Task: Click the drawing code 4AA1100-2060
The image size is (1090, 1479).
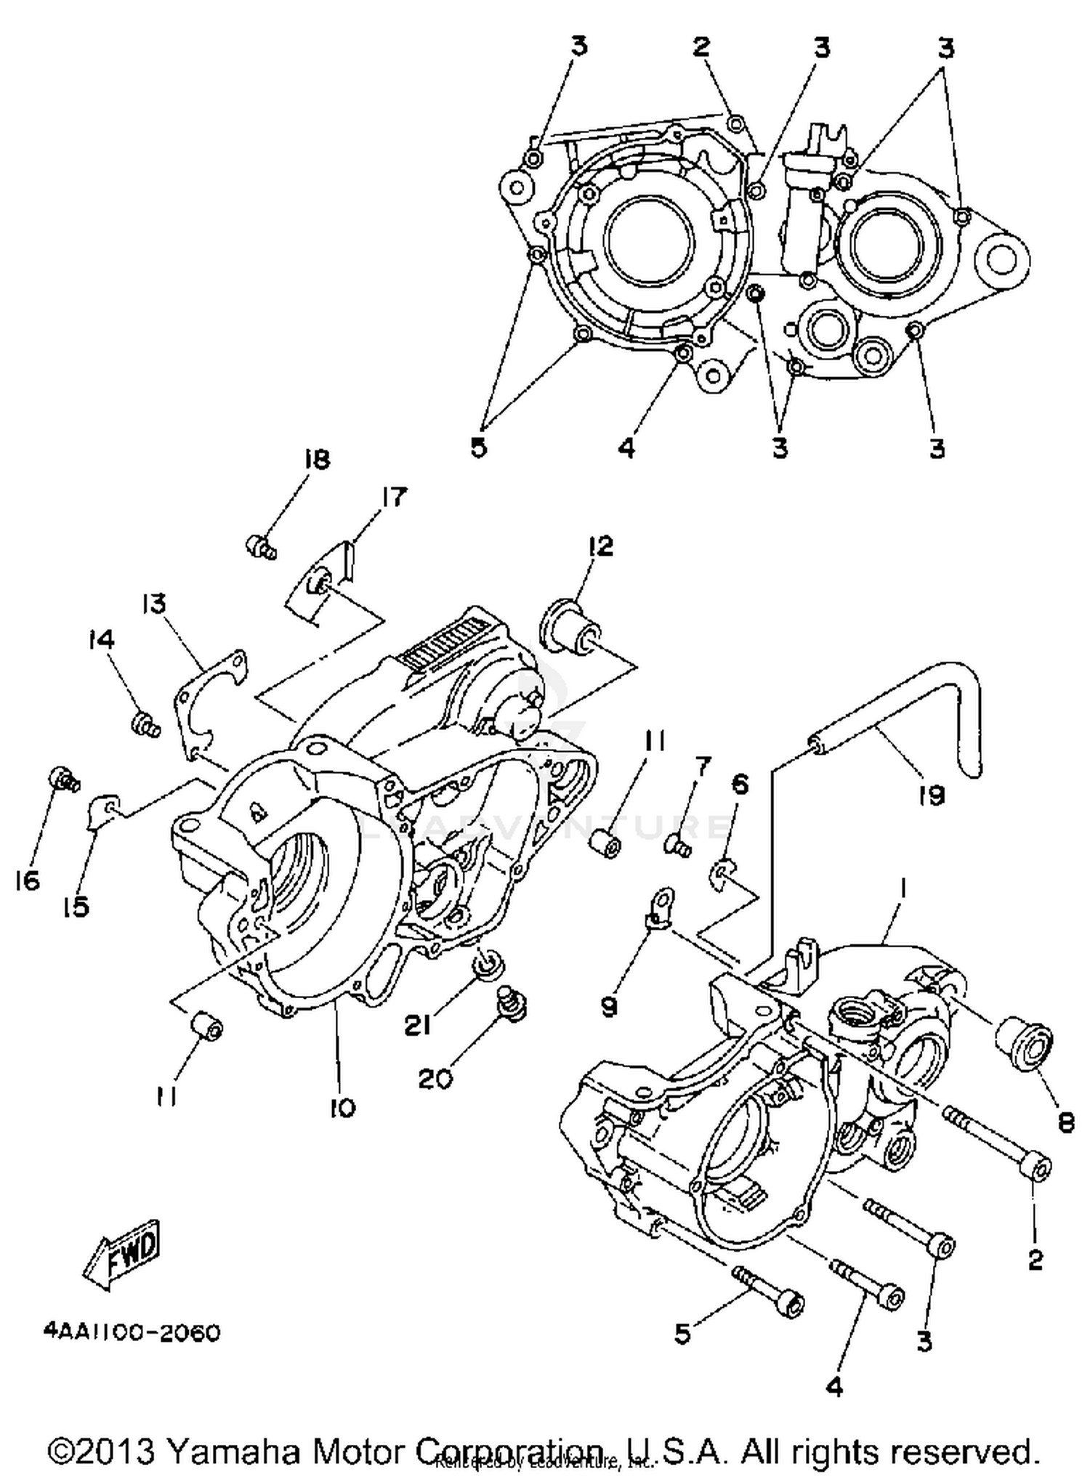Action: coord(132,1334)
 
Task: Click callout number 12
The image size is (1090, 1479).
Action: coord(599,546)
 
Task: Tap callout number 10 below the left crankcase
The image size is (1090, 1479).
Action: coord(342,1108)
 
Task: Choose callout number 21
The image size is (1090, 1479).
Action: coord(417,1025)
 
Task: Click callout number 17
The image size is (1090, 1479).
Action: coord(393,498)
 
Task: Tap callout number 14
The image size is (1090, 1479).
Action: coord(101,640)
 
